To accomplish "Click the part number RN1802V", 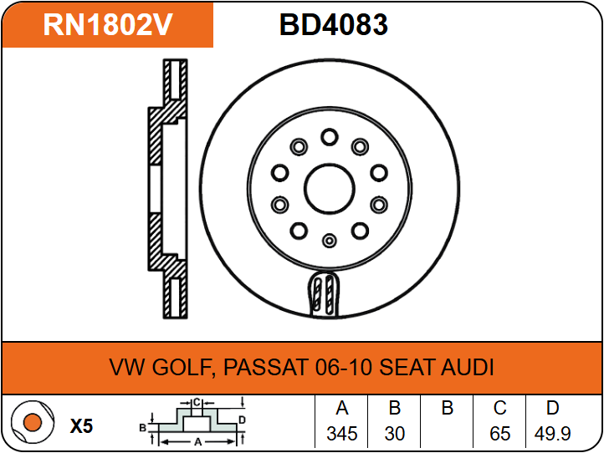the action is [108, 24].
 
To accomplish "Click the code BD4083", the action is [334, 24].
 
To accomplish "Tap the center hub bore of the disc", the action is [330, 189].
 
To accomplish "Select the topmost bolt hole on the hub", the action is [330, 137].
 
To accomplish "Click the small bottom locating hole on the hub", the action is [330, 241].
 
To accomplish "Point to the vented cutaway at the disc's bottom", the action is [324, 294].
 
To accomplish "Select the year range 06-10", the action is [344, 367].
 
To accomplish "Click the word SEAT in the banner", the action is [407, 367].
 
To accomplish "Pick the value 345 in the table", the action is [342, 434].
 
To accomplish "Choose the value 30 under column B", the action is [395, 434].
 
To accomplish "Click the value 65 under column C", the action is [499, 434].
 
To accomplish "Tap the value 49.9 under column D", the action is [552, 434].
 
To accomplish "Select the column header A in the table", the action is [342, 408].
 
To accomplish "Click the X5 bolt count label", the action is [81, 426].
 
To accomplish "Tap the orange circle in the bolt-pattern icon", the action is [33, 422].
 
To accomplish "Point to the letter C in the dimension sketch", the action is [197, 403].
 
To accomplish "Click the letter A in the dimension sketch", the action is [198, 442].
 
